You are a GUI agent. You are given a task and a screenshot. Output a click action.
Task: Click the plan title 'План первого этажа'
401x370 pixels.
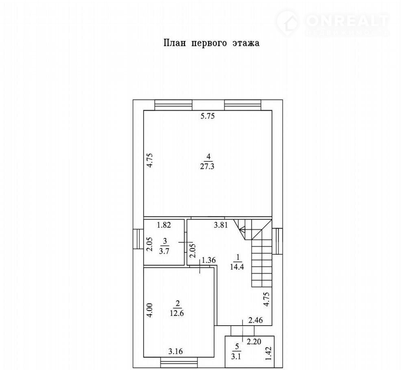[211, 43]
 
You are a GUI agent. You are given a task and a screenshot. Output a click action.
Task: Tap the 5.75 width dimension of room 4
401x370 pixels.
[208, 116]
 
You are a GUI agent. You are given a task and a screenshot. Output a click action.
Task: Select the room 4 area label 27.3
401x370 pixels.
[207, 167]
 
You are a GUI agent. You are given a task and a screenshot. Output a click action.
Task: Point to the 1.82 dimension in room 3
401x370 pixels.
[164, 225]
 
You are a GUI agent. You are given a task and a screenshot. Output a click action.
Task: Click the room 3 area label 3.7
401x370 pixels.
[164, 251]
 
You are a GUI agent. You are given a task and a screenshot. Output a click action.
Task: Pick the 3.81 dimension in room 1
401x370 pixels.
[221, 225]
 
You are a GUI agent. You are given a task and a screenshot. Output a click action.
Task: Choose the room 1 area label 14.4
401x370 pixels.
[237, 267]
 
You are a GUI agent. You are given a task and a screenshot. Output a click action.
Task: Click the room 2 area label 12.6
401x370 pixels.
[177, 313]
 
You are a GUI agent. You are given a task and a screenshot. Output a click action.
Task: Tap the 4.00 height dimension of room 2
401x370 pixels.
[150, 310]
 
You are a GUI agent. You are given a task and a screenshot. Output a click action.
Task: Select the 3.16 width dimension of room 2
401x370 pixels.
[176, 352]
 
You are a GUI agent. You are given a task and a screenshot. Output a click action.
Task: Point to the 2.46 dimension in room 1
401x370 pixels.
[256, 320]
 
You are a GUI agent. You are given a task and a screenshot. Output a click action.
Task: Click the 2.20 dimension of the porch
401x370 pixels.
[254, 342]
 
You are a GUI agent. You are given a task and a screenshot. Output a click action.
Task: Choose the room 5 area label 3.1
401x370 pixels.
[236, 357]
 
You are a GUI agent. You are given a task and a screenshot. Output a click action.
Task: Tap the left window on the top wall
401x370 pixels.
[173, 105]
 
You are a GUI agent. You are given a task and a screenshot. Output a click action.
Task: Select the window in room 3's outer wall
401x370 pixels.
[138, 239]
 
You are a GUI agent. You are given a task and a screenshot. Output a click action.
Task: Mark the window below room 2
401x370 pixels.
[180, 363]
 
